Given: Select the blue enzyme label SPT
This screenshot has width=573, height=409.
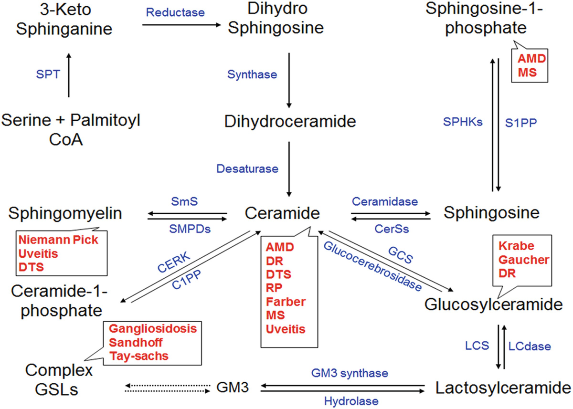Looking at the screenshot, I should pyautogui.click(x=48, y=74).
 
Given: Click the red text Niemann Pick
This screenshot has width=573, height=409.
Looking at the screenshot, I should pyautogui.click(x=58, y=241).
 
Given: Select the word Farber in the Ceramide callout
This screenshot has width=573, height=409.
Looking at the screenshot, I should pyautogui.click(x=286, y=302).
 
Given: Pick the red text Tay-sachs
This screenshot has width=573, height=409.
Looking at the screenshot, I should pyautogui.click(x=139, y=356).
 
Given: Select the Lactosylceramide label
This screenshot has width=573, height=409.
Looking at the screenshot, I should pyautogui.click(x=503, y=388).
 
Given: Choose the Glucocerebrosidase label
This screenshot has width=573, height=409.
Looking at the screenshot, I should pyautogui.click(x=373, y=266).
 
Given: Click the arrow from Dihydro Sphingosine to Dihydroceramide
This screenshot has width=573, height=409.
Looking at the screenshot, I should pyautogui.click(x=289, y=79).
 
